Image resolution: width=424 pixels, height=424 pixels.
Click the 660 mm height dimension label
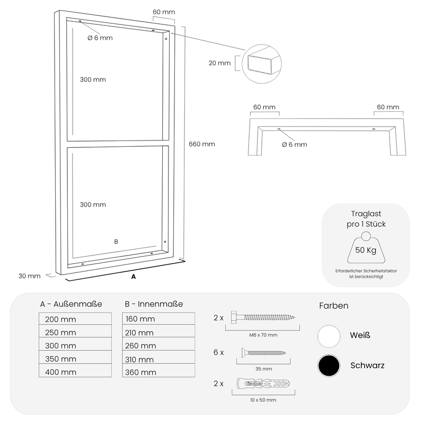[202, 144]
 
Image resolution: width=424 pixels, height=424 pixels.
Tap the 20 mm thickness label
[220, 63]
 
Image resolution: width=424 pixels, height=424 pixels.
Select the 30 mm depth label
[30, 276]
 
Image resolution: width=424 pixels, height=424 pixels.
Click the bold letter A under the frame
[133, 277]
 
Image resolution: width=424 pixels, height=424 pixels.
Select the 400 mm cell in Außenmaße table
[75, 372]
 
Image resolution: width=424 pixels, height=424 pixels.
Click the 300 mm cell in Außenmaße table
[75, 345]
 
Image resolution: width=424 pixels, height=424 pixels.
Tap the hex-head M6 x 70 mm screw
[262, 317]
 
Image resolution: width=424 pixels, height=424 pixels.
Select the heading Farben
[334, 306]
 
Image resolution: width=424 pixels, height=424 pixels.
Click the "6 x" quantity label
[218, 352]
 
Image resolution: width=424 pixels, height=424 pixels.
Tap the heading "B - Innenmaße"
[154, 304]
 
